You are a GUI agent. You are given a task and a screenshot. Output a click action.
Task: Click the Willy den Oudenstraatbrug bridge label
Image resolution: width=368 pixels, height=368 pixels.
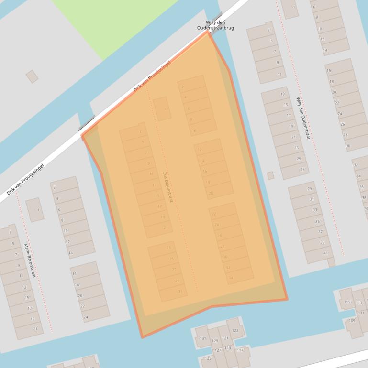pos(215,25)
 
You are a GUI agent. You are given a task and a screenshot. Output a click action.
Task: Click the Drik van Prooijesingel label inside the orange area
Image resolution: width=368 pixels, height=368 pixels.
pos(151,76)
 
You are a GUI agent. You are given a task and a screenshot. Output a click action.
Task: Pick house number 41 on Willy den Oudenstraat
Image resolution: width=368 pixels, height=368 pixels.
pos(325,253)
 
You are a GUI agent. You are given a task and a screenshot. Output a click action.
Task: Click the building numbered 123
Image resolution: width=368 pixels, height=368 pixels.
pos(235,330)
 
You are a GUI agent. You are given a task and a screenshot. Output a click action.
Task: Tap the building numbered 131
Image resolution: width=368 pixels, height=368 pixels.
pos(203,338)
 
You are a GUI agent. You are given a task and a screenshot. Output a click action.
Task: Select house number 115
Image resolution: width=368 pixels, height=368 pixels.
pos(347,302)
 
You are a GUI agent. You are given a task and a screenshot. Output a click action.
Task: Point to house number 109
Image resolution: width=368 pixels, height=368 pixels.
pos(352,320)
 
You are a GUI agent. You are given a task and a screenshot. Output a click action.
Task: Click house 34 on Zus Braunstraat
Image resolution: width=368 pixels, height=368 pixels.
pos(231,278)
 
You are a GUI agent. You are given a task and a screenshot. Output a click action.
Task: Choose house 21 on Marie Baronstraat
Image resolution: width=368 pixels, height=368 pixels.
pos(35,329)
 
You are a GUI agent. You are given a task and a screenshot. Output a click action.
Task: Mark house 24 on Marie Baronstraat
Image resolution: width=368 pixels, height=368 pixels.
pos(85,317)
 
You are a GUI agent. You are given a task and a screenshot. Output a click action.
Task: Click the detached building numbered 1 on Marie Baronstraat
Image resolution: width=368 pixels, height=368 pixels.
pos(35,210)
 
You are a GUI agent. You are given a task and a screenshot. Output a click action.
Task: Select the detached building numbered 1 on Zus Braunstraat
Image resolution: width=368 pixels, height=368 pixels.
pos(162,108)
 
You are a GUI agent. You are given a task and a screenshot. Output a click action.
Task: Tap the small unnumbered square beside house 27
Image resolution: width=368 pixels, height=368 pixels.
pos(270,175)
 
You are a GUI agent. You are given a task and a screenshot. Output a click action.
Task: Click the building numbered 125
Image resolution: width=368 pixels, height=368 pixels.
pos(208,358)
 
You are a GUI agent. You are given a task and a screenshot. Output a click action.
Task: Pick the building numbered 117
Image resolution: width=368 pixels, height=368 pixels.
pos(240,350)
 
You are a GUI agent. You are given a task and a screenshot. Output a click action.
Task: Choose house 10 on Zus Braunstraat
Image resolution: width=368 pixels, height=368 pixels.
pos(194,130)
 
